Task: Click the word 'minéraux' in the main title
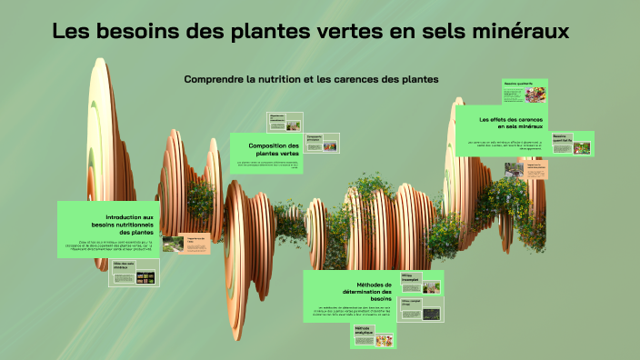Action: pos(519,32)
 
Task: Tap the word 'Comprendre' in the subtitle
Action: pos(214,79)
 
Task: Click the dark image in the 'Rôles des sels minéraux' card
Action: pos(144,277)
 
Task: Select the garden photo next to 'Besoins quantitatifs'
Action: pos(581,146)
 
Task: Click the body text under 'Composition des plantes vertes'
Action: pos(268,165)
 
